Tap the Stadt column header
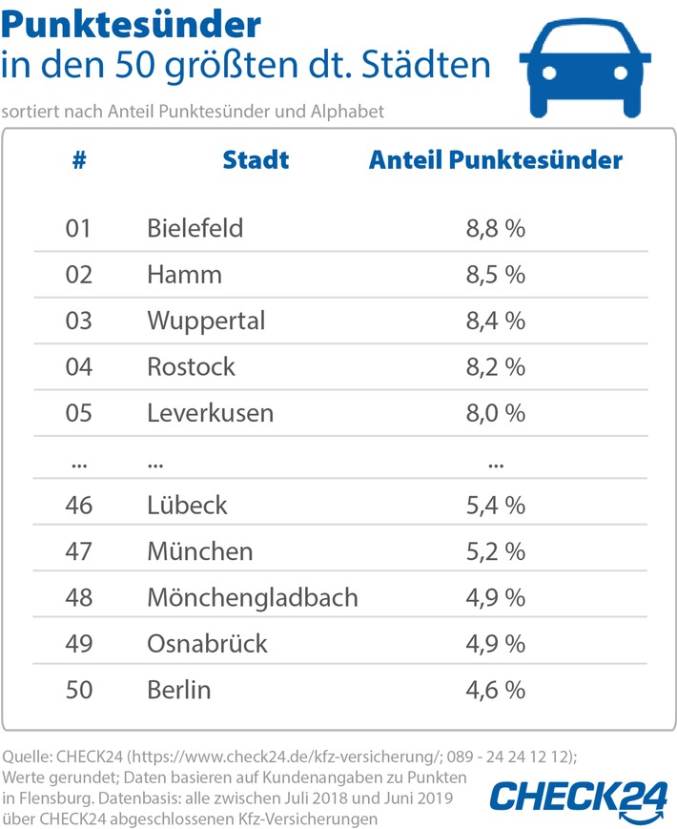[x=256, y=159]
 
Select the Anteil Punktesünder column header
[x=495, y=159]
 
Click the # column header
[x=79, y=159]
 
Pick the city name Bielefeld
[x=195, y=229]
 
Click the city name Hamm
[x=184, y=275]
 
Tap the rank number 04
[x=79, y=366]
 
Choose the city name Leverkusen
[x=210, y=412]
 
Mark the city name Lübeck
[x=187, y=505]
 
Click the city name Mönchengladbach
[x=253, y=597]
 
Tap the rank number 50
[x=79, y=689]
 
